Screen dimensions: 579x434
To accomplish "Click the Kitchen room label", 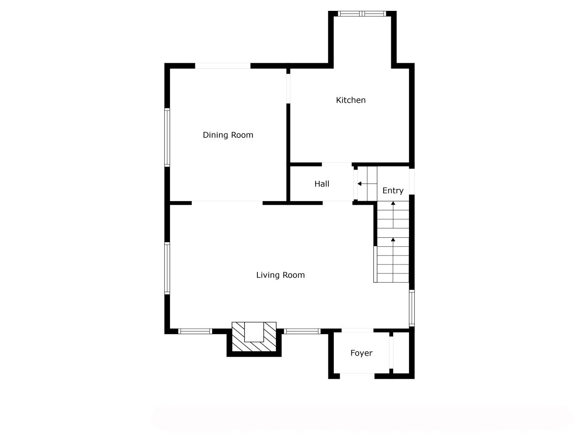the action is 351,100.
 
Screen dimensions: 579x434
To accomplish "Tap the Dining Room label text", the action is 228,135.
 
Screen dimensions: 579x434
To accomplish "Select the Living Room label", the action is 280,275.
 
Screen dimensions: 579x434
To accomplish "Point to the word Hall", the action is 322,184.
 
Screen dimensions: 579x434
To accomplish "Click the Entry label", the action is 393,190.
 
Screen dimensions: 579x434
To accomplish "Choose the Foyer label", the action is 361,353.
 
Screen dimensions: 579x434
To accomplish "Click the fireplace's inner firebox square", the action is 254,332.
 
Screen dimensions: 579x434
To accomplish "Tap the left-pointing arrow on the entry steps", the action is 367,184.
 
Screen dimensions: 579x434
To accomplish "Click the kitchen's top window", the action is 362,14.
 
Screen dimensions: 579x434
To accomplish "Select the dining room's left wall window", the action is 167,137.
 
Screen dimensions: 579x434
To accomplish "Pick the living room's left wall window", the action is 167,268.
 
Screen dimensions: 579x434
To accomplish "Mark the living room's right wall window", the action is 412,308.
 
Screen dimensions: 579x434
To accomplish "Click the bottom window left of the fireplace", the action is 195,331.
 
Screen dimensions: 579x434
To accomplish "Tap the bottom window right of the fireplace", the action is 302,331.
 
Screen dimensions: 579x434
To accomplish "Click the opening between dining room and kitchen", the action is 288,89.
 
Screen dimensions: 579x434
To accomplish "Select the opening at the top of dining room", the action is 223,66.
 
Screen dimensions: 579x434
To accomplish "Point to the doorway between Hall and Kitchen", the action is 337,165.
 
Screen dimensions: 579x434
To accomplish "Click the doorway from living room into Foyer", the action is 358,330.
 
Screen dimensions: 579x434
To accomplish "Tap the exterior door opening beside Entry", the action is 412,182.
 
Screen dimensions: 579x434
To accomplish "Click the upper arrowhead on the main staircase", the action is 393,203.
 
